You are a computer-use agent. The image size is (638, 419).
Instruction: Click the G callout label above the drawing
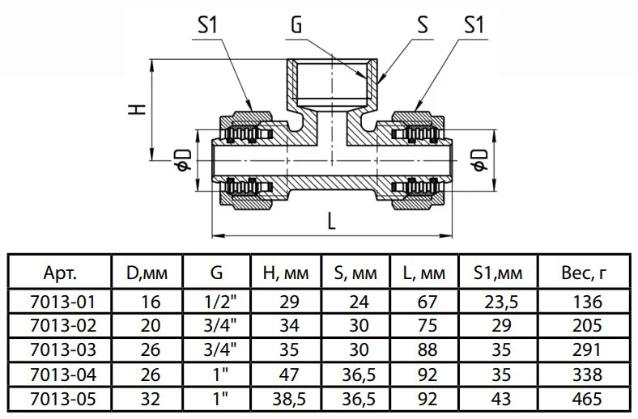point(296,26)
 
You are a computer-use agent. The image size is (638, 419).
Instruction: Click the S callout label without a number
point(422,26)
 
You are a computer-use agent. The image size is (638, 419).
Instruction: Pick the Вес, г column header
point(584,273)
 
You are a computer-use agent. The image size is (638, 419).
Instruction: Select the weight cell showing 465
point(584,399)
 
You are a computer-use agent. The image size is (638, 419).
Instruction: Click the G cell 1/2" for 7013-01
point(216,303)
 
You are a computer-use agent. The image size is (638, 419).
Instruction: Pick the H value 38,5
point(288,399)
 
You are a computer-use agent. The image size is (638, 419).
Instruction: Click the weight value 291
point(584,350)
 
